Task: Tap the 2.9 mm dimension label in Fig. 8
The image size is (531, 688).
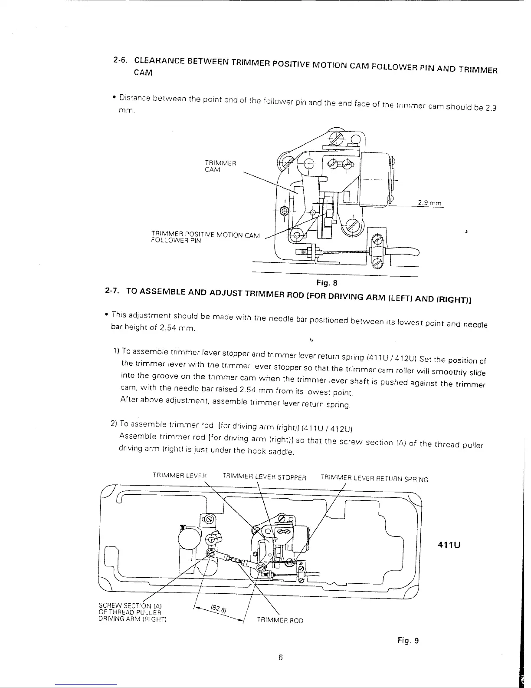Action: pos(429,202)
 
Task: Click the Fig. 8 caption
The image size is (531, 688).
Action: pos(327,283)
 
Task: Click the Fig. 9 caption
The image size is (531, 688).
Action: pos(408,640)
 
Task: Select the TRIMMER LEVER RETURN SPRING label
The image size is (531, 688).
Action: pos(374,479)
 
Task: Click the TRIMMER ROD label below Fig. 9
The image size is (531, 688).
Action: pos(280,620)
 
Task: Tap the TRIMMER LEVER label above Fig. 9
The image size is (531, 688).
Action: pos(180,475)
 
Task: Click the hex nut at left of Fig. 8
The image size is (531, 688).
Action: pos(283,211)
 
